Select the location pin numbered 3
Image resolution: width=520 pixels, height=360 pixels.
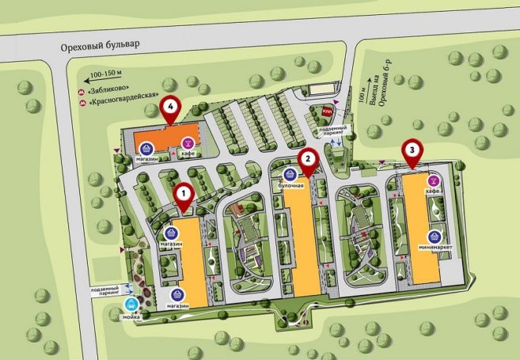coord(412,149)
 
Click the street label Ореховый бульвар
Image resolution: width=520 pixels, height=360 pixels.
coord(100,46)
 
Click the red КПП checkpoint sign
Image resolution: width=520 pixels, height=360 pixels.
coord(325,113)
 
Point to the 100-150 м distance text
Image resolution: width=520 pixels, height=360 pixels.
coord(108,74)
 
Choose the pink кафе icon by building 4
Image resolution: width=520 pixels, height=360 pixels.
coord(188,143)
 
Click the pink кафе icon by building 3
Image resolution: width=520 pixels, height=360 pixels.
coord(433,181)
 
